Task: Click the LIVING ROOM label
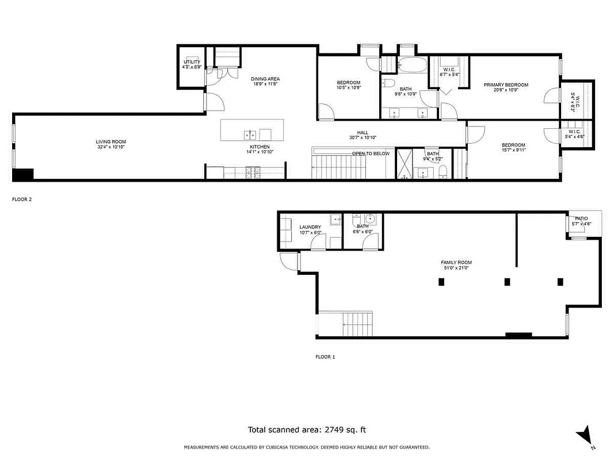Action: tap(110, 142)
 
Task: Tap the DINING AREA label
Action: tap(265, 79)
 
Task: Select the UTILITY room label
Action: tap(192, 62)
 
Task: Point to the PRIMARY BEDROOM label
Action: tap(505, 85)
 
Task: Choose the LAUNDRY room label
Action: tap(310, 227)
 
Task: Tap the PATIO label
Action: tap(581, 218)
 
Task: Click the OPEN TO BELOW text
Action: tap(371, 154)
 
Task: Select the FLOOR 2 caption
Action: tap(22, 200)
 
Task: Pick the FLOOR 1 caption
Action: tap(325, 356)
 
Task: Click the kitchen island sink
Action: tap(250, 135)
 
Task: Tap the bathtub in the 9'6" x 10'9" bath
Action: tap(411, 64)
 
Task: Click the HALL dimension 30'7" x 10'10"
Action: tap(363, 138)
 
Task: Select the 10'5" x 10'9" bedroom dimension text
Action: tap(348, 88)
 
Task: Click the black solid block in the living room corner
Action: tap(23, 175)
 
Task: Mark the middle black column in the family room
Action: tap(507, 282)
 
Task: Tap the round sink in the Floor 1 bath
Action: tap(369, 219)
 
